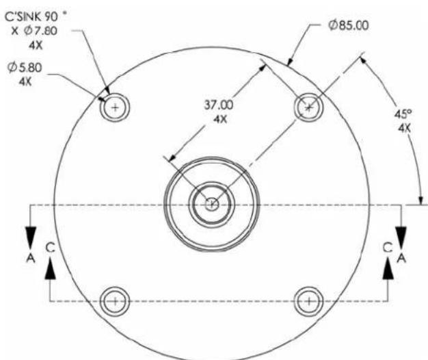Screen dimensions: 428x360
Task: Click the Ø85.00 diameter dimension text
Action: (x=349, y=25)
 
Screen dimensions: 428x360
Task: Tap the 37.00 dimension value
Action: (x=219, y=105)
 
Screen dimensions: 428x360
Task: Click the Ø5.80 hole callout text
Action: (x=25, y=68)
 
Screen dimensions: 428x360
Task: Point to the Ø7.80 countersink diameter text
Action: (x=40, y=30)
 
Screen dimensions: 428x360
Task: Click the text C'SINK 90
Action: (x=31, y=16)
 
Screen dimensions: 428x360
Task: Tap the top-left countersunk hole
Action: (x=115, y=107)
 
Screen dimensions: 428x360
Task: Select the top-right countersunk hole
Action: (x=309, y=107)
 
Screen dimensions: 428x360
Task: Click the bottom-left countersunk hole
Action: (x=115, y=301)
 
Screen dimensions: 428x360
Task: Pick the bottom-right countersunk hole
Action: (x=309, y=301)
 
